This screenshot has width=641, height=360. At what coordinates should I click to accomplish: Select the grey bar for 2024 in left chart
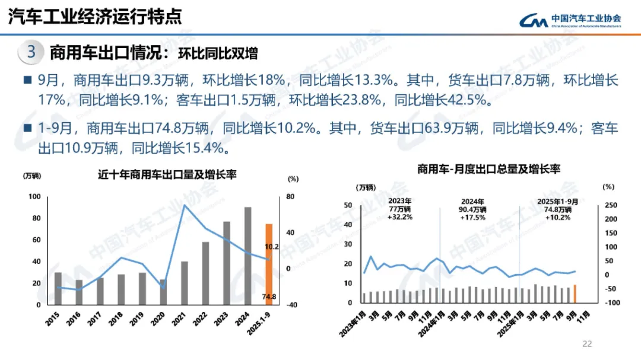247,256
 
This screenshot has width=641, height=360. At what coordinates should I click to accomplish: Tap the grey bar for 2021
185,283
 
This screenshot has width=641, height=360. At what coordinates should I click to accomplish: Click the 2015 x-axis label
54,317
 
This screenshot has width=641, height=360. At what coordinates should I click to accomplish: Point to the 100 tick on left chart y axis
34,197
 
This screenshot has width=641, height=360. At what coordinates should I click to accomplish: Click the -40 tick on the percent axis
292,305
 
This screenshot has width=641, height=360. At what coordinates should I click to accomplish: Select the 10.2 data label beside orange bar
271,246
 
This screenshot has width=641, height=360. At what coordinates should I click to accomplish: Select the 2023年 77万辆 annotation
400,209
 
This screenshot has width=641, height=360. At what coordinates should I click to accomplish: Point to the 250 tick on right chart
610,205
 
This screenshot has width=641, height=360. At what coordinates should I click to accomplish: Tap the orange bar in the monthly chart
575,294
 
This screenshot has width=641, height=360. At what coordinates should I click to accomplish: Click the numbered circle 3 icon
31,52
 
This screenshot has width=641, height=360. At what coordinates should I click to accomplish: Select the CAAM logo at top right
570,20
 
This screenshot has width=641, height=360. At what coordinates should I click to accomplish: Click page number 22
588,343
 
